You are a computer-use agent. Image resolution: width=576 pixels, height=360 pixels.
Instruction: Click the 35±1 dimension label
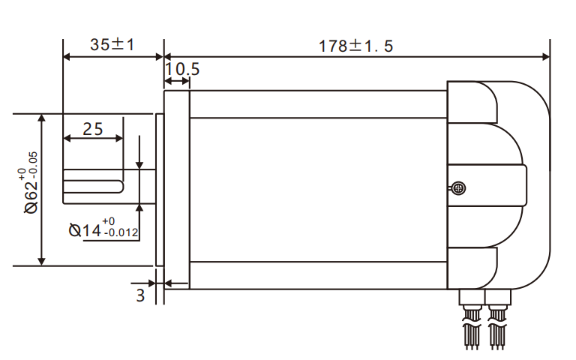pyautogui.click(x=112, y=44)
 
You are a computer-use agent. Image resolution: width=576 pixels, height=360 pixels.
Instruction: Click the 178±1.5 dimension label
pyautogui.click(x=355, y=44)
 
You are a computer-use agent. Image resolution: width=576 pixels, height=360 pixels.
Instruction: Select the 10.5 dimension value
pyautogui.click(x=182, y=70)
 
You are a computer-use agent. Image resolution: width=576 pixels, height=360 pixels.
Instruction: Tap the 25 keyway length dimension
pyautogui.click(x=92, y=128)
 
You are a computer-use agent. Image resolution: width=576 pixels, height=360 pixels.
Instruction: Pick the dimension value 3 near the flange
pyautogui.click(x=140, y=295)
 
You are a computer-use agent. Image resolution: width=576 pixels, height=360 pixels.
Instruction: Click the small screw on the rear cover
pyautogui.click(x=459, y=189)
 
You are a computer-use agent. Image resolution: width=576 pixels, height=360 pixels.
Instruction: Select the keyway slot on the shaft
pyautogui.click(x=91, y=180)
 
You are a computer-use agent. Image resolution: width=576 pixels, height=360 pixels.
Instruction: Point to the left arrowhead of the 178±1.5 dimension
pyautogui.click(x=169, y=56)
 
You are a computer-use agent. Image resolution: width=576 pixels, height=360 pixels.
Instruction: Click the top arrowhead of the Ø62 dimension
pyautogui.click(x=42, y=118)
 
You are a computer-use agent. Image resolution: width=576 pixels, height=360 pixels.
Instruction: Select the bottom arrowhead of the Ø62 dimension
pyautogui.click(x=42, y=260)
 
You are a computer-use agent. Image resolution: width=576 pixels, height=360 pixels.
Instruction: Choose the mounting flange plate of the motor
pyautogui.click(x=177, y=187)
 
